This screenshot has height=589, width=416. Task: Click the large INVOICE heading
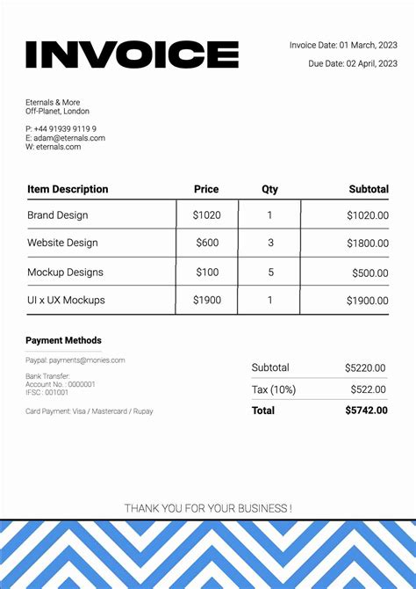pos(132,55)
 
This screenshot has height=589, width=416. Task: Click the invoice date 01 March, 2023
pos(343,45)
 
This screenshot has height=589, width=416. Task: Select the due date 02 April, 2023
pos(353,63)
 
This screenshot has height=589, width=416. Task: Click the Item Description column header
pos(68,189)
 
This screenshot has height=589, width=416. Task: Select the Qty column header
pos(269,189)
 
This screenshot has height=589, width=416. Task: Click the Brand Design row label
pos(57,215)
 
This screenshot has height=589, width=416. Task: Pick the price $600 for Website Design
pos(207,243)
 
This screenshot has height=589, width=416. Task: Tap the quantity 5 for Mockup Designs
pos(270,273)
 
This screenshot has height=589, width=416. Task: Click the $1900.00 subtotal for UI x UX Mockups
pos(367,301)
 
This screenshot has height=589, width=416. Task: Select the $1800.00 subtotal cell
pos(367,243)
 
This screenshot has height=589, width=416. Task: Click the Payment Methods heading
pos(63,340)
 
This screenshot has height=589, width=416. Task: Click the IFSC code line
pos(47,392)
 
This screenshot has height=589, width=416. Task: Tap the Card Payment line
pos(89,411)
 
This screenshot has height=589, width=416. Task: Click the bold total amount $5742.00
pos(365,411)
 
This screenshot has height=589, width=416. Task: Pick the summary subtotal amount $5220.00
pos(365,367)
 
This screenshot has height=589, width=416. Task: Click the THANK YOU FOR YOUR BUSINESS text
pos(208,508)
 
